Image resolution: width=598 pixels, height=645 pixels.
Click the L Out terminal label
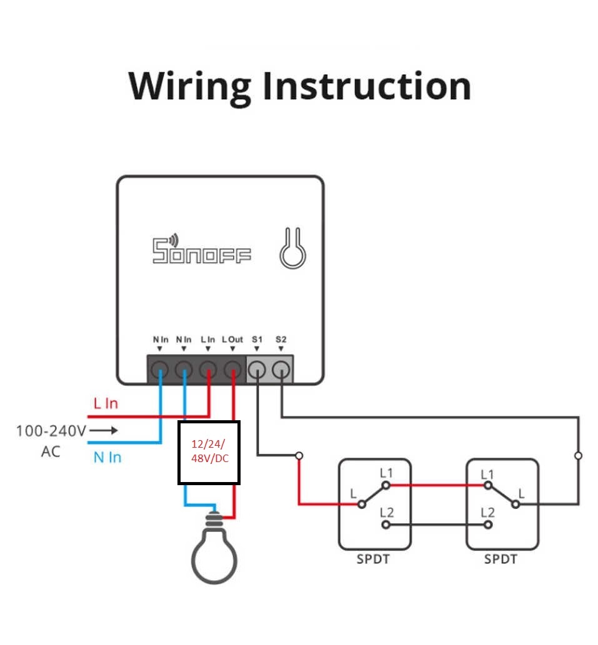(x=232, y=339)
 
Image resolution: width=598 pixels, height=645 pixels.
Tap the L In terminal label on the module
(x=208, y=339)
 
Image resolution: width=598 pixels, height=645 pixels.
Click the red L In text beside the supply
(x=106, y=403)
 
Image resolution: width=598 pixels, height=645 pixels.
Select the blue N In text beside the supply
(x=107, y=458)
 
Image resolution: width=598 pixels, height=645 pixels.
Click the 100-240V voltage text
(x=51, y=430)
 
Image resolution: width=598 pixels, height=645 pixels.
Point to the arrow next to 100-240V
(x=106, y=430)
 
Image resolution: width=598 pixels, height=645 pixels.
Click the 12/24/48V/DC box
(x=209, y=453)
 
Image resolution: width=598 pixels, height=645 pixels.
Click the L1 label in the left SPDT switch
(x=386, y=473)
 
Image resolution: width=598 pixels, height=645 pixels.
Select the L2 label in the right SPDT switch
(x=487, y=513)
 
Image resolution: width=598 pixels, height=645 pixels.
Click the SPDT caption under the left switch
(x=373, y=559)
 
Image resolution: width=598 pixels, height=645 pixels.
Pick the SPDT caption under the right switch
(x=501, y=559)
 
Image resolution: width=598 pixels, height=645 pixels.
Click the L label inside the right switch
(x=522, y=493)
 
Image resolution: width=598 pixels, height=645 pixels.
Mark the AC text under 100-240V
(x=51, y=451)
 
